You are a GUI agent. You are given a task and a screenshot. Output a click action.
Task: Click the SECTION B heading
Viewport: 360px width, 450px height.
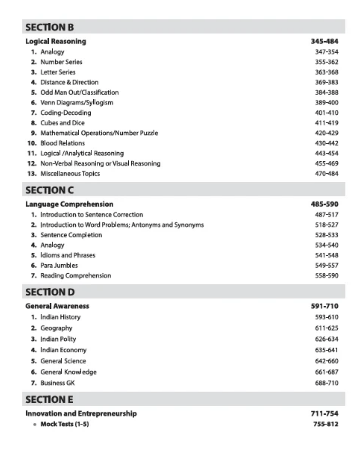tap(49, 27)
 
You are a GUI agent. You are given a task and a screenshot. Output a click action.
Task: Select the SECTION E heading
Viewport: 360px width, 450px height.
tap(49, 400)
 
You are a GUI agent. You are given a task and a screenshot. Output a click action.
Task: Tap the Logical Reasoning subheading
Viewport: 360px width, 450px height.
tap(55, 41)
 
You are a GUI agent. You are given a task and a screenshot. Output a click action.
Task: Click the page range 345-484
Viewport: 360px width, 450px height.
tap(324, 41)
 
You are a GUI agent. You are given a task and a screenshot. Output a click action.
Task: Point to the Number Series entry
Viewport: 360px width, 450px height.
tap(61, 62)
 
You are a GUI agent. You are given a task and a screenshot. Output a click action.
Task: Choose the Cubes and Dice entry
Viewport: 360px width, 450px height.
tap(62, 123)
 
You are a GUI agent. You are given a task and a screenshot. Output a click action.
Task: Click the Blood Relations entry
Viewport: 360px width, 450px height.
tap(62, 143)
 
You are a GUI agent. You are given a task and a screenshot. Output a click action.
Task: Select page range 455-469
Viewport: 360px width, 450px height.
tap(326, 163)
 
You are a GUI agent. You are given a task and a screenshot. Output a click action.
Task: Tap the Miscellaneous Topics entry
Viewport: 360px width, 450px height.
tap(70, 174)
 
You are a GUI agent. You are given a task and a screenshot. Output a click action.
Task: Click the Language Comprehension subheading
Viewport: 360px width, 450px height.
tap(69, 204)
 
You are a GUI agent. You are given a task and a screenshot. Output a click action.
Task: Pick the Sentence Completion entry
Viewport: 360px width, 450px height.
tap(71, 235)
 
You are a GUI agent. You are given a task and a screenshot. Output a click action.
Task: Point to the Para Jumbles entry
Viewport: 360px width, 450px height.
tap(59, 265)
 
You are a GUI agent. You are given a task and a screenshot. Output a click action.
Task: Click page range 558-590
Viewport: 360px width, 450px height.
tap(326, 276)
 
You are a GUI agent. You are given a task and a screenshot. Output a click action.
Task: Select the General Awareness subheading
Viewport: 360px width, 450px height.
tap(57, 306)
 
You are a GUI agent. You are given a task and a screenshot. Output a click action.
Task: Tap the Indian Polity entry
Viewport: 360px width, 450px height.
tap(58, 339)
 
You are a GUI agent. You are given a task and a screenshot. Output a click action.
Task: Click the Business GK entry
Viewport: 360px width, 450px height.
tap(57, 383)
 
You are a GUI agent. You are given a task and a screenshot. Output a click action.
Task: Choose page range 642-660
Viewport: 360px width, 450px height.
tap(326, 361)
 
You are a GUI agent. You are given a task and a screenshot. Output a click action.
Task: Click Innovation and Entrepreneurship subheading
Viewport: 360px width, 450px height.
tap(81, 414)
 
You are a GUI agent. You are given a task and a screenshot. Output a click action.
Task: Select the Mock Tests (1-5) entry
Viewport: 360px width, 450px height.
tap(64, 424)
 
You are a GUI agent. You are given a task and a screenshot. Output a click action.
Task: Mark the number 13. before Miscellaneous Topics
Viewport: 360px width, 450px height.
tap(32, 174)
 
